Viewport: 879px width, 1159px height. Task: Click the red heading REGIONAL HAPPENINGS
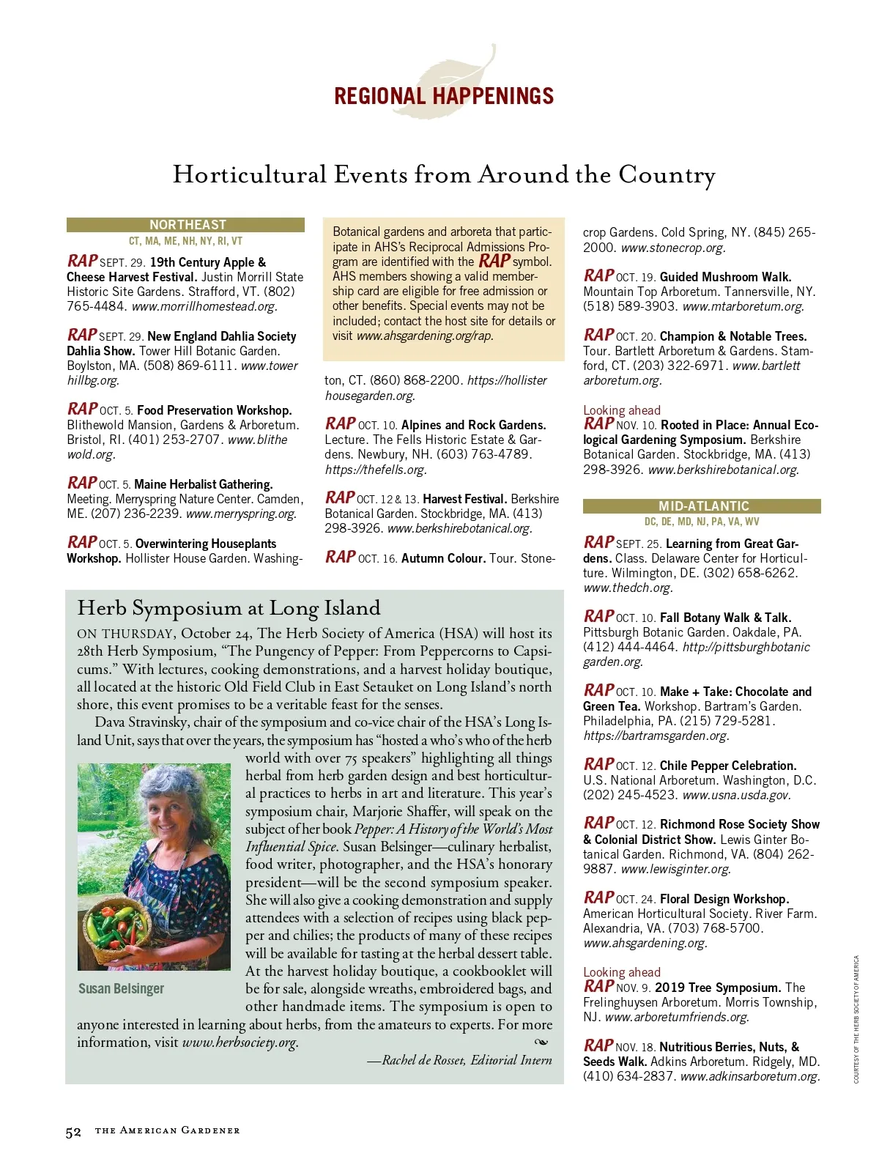(443, 96)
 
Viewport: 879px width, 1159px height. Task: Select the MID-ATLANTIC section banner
(702, 506)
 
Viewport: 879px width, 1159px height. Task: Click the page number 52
(73, 1132)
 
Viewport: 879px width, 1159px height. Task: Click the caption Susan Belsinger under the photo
(121, 989)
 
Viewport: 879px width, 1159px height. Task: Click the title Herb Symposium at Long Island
(229, 608)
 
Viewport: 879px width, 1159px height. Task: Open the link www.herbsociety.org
(240, 1043)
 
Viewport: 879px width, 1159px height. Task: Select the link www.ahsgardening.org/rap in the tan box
(424, 336)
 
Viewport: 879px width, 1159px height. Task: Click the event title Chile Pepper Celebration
(727, 766)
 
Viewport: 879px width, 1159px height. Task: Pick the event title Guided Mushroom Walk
(725, 277)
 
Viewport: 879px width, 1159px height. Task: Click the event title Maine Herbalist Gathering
(203, 484)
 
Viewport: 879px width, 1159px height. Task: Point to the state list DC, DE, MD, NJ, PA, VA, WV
(702, 522)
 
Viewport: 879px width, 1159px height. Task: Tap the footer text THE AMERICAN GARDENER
(167, 1130)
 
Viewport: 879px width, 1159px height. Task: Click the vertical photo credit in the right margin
(856, 1019)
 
